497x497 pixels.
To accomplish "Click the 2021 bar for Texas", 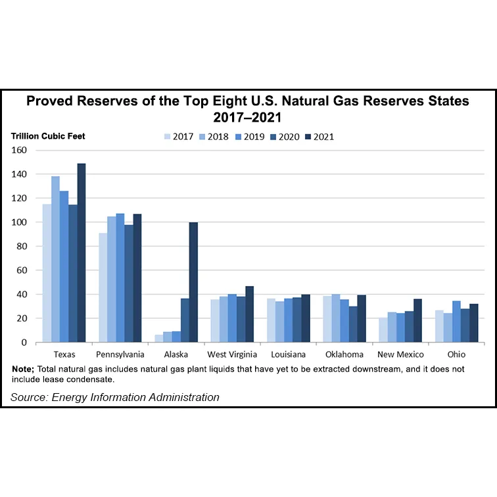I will [82, 253].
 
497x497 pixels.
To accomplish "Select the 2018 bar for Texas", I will [56, 259].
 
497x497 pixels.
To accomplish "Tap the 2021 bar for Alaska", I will [193, 282].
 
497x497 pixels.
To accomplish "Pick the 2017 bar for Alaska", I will [158, 339].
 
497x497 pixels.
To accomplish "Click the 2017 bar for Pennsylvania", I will [103, 288].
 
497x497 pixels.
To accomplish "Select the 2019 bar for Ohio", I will [456, 321].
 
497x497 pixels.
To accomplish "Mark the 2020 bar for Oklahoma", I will [353, 324].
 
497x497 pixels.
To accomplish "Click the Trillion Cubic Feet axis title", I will [48, 136].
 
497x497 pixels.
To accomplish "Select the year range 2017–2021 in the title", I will [247, 118].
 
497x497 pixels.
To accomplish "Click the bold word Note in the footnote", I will [24, 369].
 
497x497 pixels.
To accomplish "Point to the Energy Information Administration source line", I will [115, 397].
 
